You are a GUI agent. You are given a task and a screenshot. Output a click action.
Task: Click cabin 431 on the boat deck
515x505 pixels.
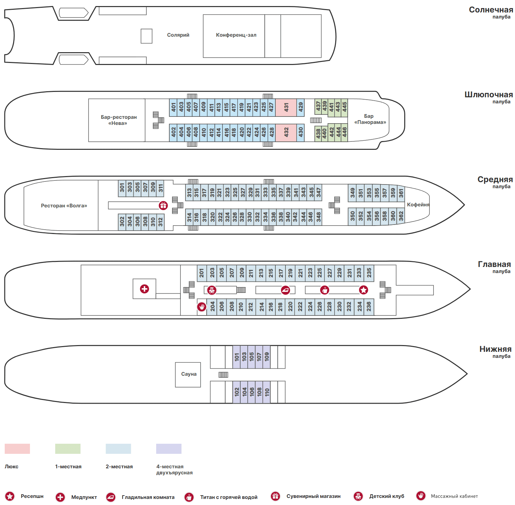coord(286,107)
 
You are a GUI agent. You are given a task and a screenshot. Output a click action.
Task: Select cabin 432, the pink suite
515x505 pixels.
coord(286,132)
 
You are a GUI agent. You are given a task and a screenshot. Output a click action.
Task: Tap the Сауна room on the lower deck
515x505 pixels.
coord(188,374)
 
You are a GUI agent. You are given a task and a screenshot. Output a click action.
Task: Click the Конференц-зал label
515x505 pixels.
coord(236,35)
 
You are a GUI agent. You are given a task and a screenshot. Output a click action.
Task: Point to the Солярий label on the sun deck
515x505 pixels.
coord(178,35)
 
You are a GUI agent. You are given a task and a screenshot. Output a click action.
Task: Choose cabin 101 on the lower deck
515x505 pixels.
coord(237,357)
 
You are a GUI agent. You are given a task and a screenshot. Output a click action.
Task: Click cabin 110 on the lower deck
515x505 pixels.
coord(267,392)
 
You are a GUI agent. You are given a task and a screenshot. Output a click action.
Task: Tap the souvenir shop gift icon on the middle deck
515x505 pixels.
coord(163,205)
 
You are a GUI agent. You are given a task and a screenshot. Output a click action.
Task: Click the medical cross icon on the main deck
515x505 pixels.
coord(144,289)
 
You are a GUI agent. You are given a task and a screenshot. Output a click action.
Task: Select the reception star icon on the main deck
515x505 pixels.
coord(364,290)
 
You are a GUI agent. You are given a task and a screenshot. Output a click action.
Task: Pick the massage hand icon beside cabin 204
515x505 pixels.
coord(202,307)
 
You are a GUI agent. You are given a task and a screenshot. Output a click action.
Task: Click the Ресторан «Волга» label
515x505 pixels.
coord(64,206)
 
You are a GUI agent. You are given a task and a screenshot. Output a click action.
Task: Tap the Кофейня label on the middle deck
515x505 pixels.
coord(418,205)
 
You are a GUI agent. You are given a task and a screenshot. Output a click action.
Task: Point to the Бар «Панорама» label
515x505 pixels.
coord(370,119)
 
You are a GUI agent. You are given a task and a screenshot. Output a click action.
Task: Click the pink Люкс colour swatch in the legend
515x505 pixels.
coord(17,449)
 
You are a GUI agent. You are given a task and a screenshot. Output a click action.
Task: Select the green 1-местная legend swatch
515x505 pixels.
coord(68,449)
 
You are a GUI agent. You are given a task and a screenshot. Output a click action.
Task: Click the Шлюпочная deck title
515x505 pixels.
coord(488,95)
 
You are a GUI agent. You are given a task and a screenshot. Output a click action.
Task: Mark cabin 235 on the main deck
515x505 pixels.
coord(369,273)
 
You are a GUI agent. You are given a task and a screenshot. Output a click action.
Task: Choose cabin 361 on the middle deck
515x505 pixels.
coord(401,193)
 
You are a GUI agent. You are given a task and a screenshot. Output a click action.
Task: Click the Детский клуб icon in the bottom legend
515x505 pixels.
coord(358,496)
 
